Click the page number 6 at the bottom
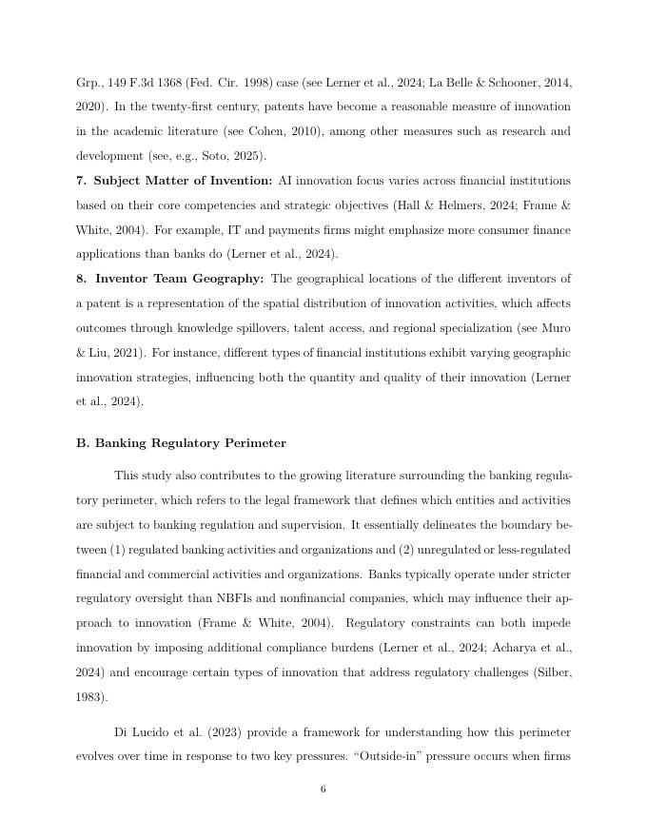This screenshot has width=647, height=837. coord(323,788)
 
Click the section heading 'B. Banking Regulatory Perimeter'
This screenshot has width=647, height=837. coord(181,443)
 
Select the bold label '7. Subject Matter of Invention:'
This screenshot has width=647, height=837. coord(174,181)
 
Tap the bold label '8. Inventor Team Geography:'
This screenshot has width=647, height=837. coord(170,279)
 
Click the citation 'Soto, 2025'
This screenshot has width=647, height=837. coord(231,155)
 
